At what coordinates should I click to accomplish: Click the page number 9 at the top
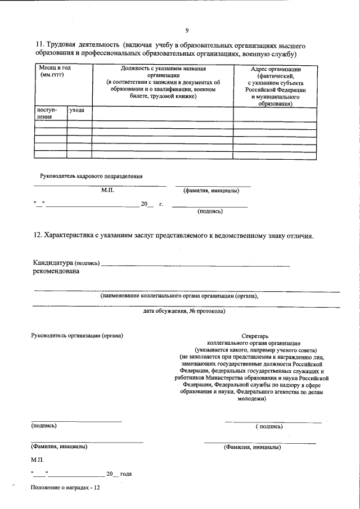(187, 30)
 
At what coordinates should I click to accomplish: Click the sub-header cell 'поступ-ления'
(45, 114)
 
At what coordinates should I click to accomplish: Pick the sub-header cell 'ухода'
(76, 110)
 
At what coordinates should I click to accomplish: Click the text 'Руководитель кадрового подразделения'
(91, 176)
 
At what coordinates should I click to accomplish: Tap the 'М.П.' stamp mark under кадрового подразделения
(107, 191)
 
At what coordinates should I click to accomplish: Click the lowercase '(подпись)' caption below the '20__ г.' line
(209, 212)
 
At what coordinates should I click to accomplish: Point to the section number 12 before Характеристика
(36, 236)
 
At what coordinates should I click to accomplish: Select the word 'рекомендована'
(56, 272)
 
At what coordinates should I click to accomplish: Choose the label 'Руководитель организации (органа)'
(76, 336)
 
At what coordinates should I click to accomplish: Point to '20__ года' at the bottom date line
(119, 474)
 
